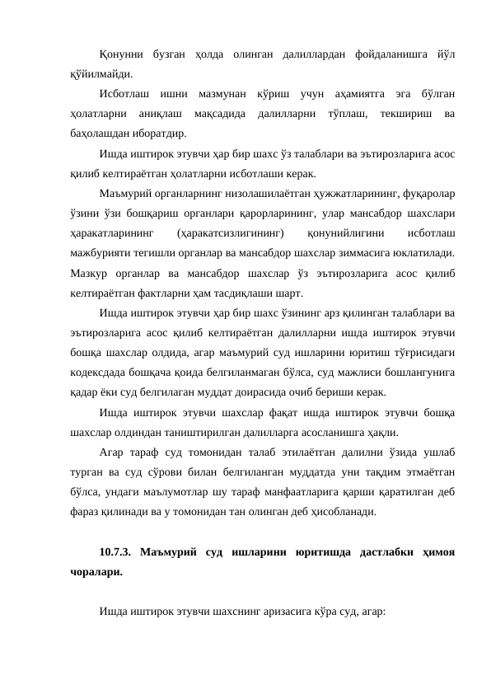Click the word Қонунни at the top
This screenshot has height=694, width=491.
point(119,54)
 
